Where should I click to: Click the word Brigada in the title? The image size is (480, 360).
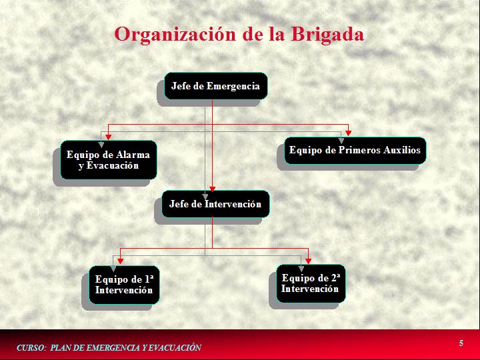327,35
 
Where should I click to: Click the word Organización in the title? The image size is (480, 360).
175,35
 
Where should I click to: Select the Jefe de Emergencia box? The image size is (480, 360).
216,86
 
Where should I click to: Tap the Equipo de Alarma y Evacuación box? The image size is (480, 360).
109,160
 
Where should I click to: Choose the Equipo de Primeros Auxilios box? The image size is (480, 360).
355,150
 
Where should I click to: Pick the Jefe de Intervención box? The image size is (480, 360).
215,204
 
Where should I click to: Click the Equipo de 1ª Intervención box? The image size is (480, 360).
124,285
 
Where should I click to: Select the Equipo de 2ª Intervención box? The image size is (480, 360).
311,283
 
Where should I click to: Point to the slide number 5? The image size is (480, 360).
461,343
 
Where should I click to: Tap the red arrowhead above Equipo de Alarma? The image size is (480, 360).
109,137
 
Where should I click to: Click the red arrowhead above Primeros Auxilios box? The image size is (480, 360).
349,133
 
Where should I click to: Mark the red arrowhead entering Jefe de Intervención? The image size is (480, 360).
212,189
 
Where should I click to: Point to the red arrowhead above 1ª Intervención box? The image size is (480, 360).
120,261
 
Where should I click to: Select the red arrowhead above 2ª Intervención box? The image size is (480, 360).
308,261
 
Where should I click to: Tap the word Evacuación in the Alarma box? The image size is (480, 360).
113,165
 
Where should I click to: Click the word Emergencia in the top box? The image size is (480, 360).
233,86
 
